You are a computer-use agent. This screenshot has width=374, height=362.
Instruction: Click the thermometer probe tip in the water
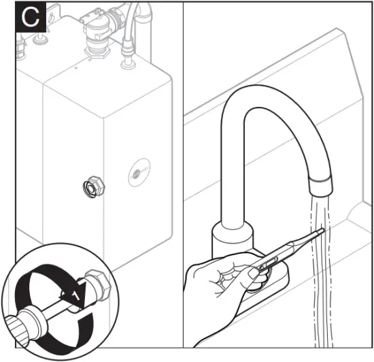[x=322, y=231]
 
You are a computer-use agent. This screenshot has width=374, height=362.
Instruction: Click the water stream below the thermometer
[x=320, y=299]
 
